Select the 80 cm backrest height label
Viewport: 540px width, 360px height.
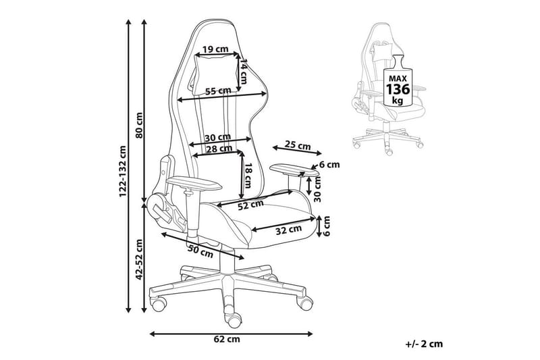(x=139, y=123)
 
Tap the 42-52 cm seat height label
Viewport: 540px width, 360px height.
(x=139, y=259)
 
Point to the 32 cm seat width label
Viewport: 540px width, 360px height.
(x=288, y=230)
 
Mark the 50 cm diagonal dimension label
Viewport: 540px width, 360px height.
(x=200, y=251)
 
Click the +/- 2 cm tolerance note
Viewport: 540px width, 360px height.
(x=425, y=344)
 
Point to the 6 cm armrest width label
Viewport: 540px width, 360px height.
(x=329, y=165)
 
